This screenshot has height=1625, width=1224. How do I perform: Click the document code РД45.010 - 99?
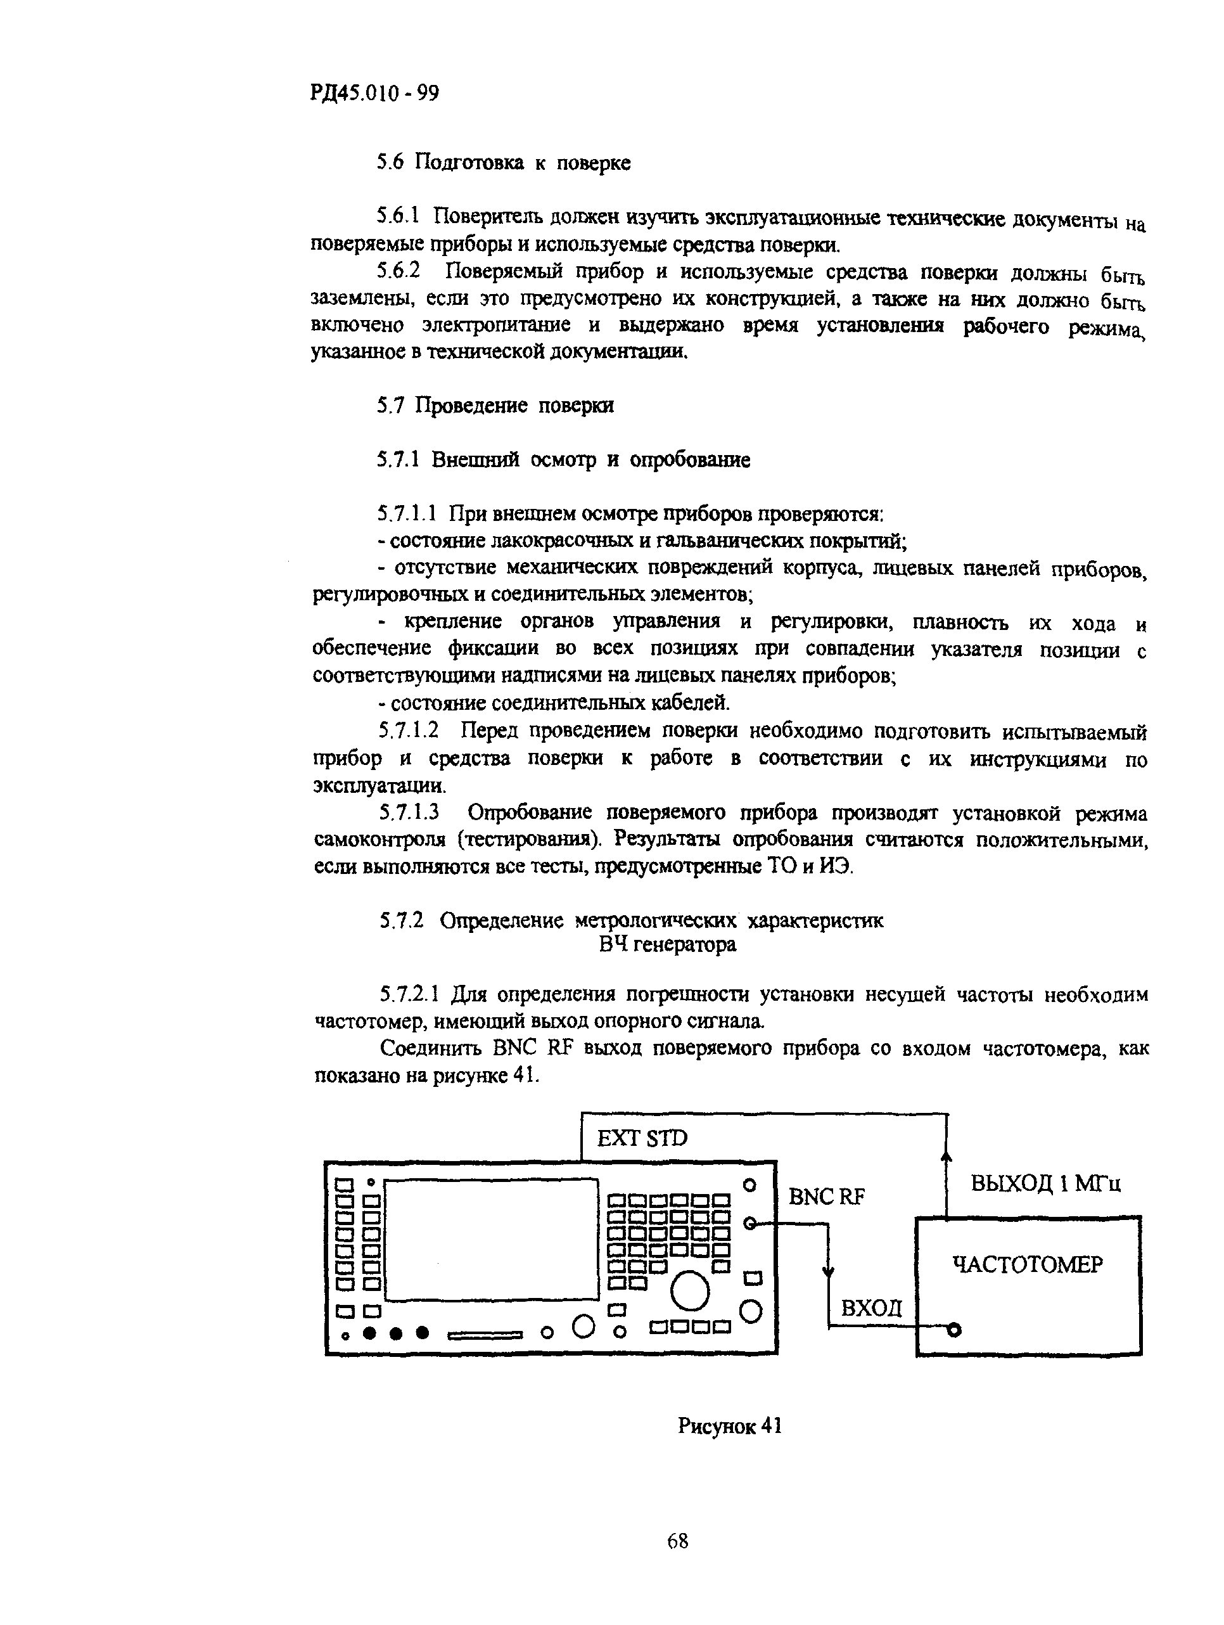pyautogui.click(x=374, y=93)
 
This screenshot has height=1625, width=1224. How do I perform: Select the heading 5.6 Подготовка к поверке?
pyautogui.click(x=504, y=162)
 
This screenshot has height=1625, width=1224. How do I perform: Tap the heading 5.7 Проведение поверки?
pyautogui.click(x=495, y=406)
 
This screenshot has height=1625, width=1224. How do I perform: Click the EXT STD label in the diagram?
pyautogui.click(x=642, y=1139)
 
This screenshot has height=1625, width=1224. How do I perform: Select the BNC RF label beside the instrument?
pyautogui.click(x=826, y=1197)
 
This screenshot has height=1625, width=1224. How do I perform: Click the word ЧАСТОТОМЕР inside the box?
pyautogui.click(x=1027, y=1265)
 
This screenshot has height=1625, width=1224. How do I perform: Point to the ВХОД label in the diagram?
pyautogui.click(x=871, y=1308)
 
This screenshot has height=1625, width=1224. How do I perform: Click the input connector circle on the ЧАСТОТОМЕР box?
pyautogui.click(x=953, y=1329)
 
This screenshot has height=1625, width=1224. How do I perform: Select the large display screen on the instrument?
pyautogui.click(x=491, y=1239)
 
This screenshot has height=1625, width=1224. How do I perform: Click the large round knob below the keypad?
pyautogui.click(x=690, y=1291)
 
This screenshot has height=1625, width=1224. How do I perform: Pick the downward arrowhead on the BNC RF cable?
pyautogui.click(x=829, y=1273)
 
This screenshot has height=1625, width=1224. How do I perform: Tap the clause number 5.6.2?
pyautogui.click(x=398, y=271)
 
